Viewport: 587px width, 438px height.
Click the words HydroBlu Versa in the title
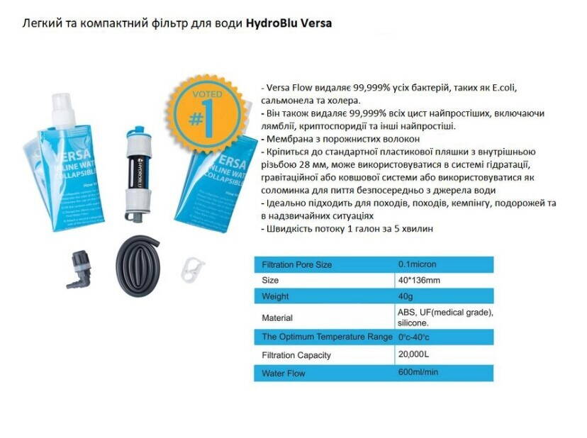289,23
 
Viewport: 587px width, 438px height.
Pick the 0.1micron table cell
418,264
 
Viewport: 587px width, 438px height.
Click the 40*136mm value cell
420,280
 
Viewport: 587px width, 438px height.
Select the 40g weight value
406,296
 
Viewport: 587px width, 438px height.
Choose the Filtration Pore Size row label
296,265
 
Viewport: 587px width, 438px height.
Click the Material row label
277,318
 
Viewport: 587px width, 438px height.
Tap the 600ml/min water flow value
418,372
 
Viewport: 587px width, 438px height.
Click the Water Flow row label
283,373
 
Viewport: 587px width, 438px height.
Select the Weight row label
275,296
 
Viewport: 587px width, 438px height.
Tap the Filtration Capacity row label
296,355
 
